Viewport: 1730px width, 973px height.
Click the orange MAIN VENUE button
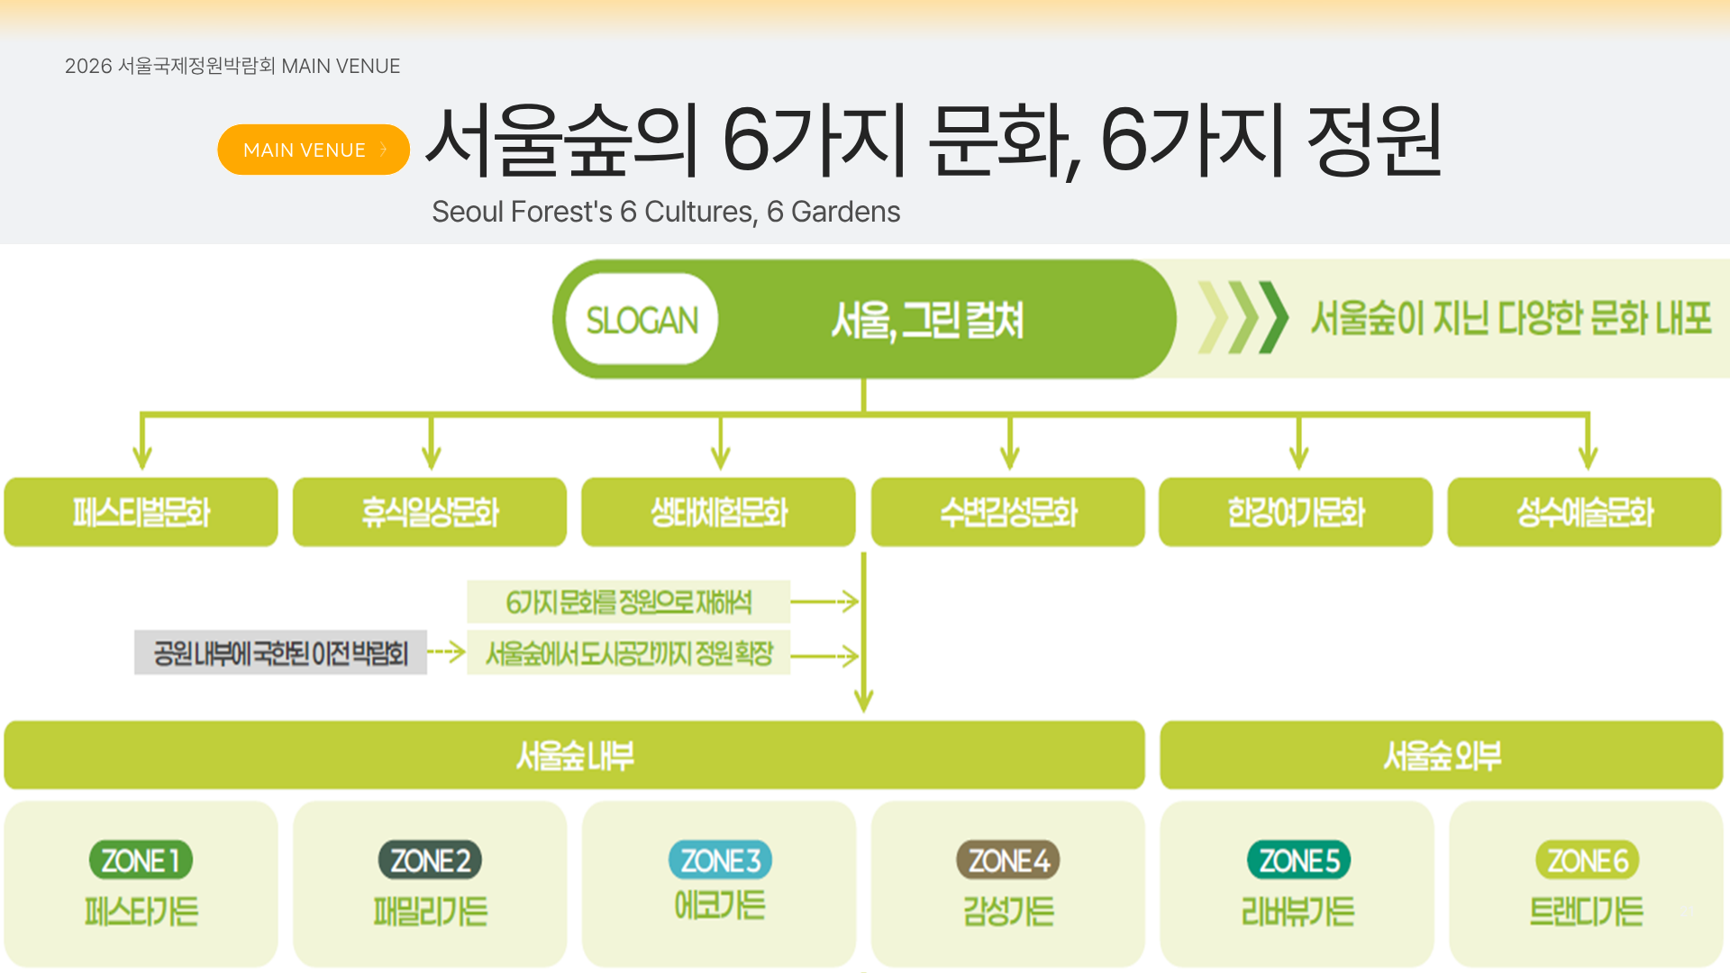[313, 150]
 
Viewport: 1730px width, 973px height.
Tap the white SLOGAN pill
[642, 320]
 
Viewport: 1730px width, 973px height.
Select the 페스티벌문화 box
[141, 513]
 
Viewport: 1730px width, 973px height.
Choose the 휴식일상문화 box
[430, 513]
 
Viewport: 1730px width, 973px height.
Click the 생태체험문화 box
[718, 513]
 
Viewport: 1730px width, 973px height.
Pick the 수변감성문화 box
[1007, 513]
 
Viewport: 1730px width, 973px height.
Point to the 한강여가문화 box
[1296, 513]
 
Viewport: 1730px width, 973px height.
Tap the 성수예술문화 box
[1584, 513]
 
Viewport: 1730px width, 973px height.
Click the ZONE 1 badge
[141, 860]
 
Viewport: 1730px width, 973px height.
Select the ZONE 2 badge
[430, 860]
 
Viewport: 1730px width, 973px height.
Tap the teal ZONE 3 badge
[720, 860]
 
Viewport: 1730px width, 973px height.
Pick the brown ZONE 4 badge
[1008, 860]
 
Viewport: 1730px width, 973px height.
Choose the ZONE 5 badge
[1298, 860]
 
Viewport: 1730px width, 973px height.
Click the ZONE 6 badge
[1587, 860]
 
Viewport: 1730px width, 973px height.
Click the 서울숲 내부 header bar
[574, 755]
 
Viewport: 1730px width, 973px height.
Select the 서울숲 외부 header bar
[1441, 755]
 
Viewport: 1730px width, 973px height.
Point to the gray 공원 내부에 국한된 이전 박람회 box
[280, 652]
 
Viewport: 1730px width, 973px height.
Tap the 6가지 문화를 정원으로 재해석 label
[628, 602]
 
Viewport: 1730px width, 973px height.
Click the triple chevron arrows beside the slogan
[1243, 318]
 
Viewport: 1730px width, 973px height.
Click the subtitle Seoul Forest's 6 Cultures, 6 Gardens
[666, 212]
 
